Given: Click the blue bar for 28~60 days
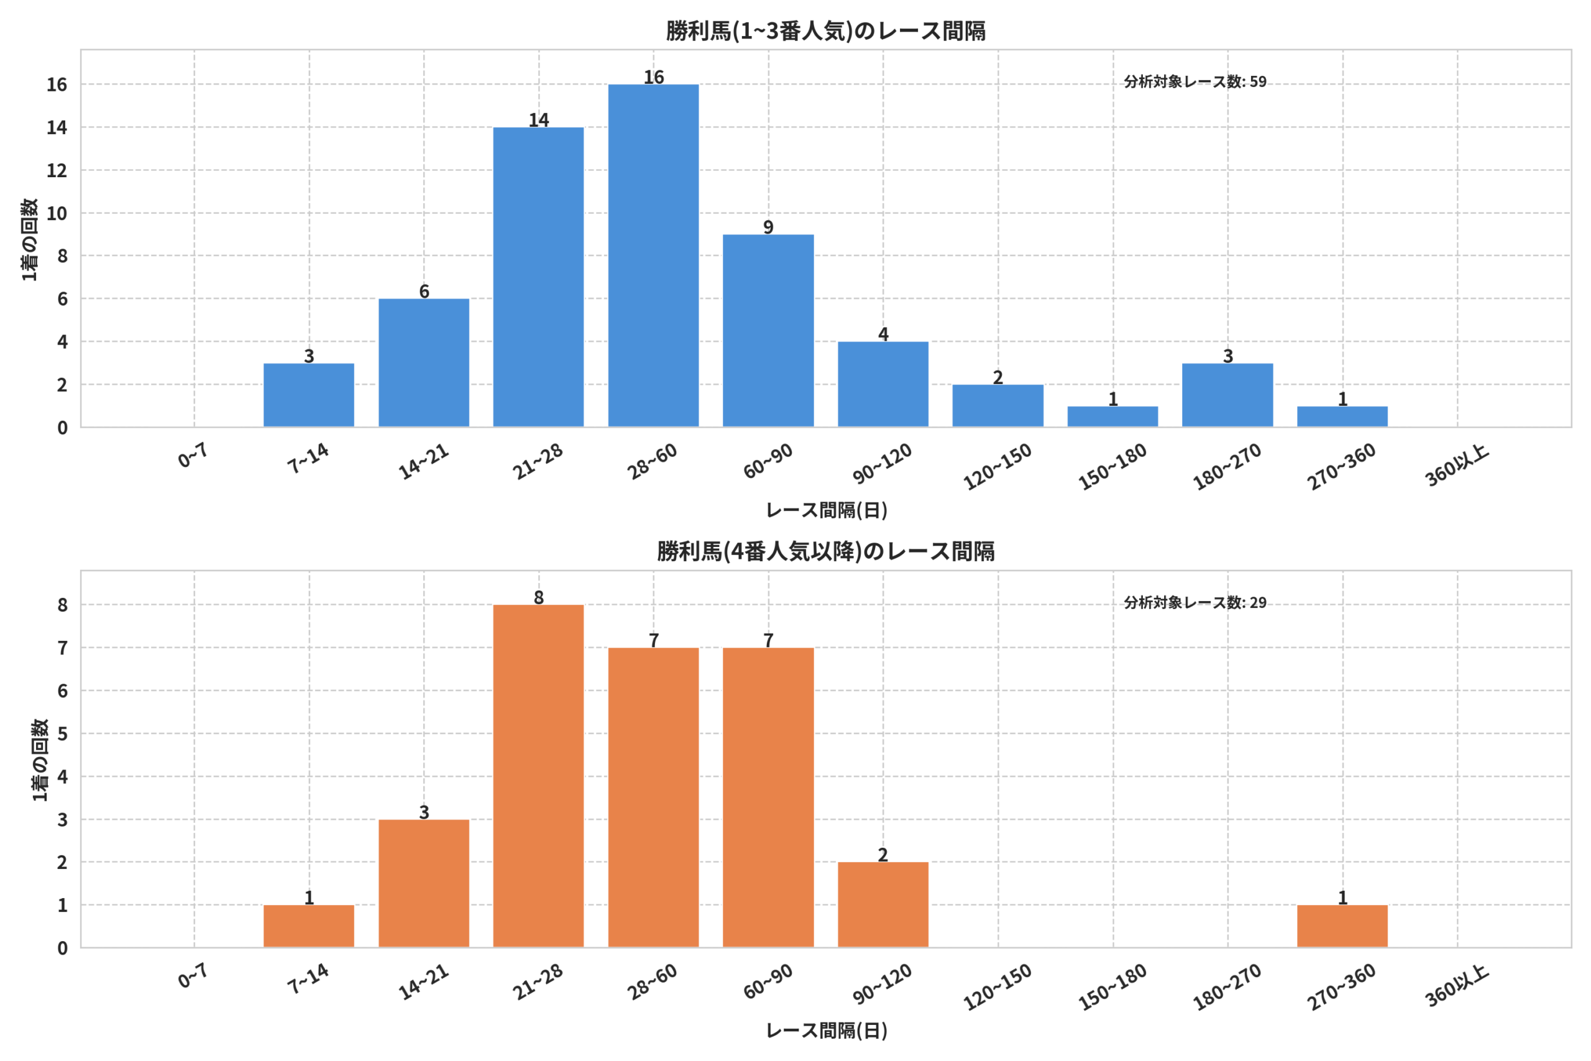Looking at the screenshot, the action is point(653,256).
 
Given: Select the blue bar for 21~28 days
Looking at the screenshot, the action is point(538,277).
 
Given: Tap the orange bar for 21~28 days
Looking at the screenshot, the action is point(538,776).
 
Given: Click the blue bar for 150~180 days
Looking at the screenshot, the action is point(1112,417).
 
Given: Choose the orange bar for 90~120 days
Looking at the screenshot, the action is point(883,905).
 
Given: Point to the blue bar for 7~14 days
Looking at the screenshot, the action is point(308,395).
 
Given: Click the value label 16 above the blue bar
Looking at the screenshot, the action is point(653,77).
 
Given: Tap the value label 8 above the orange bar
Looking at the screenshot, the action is point(538,597).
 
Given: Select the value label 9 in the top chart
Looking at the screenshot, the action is point(768,227).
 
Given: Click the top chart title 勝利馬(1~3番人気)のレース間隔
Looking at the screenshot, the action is point(825,31).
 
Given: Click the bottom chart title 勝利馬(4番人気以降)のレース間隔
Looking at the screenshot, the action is point(825,551).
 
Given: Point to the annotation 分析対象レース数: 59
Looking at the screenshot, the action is point(1195,82).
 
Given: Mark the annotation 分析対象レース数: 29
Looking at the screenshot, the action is point(1195,602).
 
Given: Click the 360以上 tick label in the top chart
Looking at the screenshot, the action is point(1456,466).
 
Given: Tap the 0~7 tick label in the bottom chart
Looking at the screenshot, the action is point(193,976).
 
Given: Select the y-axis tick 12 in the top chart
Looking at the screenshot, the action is point(57,170).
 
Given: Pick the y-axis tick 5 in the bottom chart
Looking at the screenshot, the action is point(62,733).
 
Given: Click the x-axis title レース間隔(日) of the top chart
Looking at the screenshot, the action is point(826,510).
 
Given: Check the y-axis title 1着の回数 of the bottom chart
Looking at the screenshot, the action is point(40,760).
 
